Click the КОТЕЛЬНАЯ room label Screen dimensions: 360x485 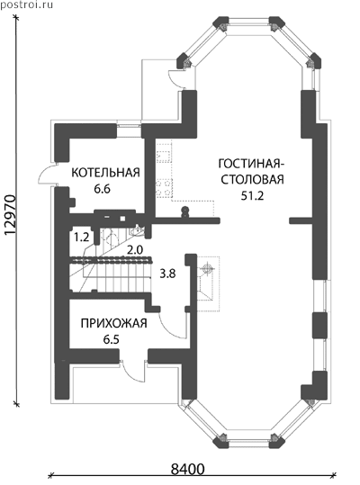106,173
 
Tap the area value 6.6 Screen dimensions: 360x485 103,189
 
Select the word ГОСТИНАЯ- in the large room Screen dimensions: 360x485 250,164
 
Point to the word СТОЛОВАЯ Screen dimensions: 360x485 252,180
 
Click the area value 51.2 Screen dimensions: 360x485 252,196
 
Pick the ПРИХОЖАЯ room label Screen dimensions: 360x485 113,324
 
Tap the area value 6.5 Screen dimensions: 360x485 112,339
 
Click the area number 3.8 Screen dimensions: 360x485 167,274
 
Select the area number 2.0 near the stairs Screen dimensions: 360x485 135,250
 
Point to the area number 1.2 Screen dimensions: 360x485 81,238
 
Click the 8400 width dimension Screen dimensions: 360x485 188,470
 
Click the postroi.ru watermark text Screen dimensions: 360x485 27,4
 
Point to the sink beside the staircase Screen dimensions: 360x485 137,230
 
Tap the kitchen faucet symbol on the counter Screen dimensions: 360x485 184,211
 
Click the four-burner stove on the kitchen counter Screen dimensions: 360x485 164,188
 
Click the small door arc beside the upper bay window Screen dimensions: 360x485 172,78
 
